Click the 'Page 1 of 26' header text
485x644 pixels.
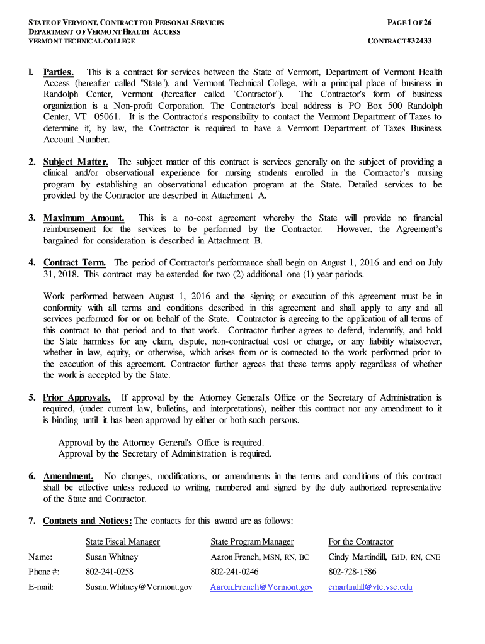[x=409, y=23]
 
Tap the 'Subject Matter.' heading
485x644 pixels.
[x=76, y=162]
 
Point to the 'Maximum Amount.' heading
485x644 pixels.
[x=84, y=218]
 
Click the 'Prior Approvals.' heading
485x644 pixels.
[x=77, y=397]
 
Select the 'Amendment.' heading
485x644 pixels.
[x=68, y=476]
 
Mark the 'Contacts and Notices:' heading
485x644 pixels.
[x=88, y=521]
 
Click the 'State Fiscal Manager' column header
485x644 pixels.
[x=123, y=541]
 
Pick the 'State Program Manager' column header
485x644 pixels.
[x=252, y=541]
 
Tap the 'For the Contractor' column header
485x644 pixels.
[x=360, y=541]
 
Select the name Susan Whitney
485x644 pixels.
[x=111, y=557]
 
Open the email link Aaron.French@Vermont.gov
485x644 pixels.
[x=261, y=587]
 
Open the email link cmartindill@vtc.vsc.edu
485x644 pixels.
[x=370, y=587]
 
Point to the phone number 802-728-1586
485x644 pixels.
[x=352, y=572]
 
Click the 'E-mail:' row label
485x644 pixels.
[x=41, y=587]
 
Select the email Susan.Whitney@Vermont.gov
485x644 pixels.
[x=139, y=587]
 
